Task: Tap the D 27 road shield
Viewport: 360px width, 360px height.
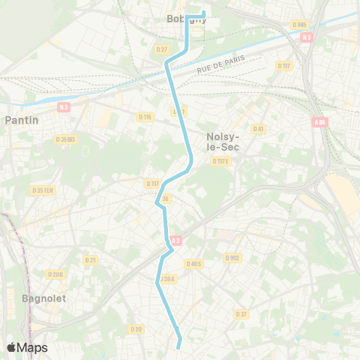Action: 162,49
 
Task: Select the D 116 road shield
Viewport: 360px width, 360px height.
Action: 145,116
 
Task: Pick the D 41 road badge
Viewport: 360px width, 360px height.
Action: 258,129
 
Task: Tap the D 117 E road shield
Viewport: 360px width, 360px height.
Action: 220,160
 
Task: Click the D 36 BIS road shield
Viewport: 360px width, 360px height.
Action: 65,139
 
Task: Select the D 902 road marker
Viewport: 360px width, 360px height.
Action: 232,257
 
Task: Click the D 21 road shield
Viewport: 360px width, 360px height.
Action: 91,259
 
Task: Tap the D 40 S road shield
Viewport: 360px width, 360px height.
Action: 193,263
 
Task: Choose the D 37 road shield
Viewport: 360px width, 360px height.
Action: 241,313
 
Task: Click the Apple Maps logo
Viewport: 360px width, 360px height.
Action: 27,347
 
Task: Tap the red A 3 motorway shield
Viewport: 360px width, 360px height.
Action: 175,241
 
